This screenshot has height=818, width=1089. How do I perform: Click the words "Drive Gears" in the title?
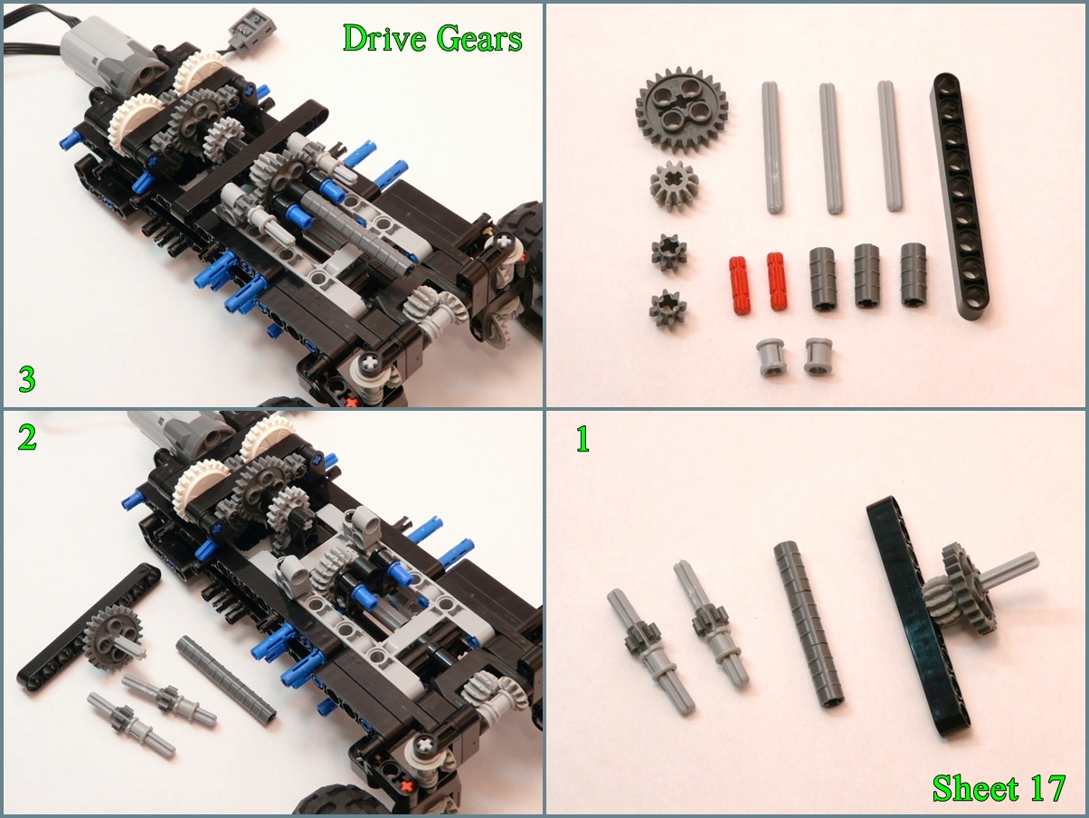coord(432,39)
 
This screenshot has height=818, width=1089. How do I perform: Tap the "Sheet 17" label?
coord(999,788)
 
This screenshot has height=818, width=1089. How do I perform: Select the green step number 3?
coord(26,379)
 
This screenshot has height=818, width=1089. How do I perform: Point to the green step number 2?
coord(27,437)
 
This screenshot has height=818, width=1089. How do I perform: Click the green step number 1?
coord(583,438)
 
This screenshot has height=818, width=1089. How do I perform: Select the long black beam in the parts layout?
coord(960,196)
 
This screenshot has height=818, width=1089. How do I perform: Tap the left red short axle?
coord(739,286)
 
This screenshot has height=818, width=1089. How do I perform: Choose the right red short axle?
coord(776,281)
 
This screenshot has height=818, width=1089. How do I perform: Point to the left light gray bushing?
coord(770,357)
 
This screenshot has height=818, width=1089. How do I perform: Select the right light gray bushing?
coord(819,356)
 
